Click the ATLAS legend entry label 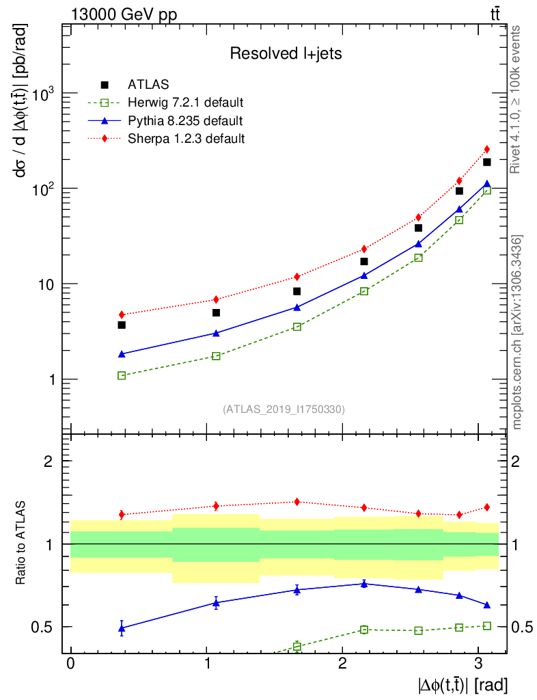click(x=148, y=85)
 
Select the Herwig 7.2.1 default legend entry click(x=186, y=103)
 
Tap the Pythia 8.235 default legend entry click(x=184, y=121)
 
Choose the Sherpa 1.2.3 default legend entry click(x=186, y=139)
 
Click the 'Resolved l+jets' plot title click(x=286, y=53)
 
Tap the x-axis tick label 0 click(x=71, y=665)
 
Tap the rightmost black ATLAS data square click(x=487, y=162)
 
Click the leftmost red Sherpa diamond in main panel click(x=122, y=315)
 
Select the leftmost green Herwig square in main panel click(x=122, y=376)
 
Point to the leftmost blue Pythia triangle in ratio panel click(x=122, y=628)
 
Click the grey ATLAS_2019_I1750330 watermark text click(x=284, y=409)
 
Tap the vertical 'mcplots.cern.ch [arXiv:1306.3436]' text click(x=517, y=332)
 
